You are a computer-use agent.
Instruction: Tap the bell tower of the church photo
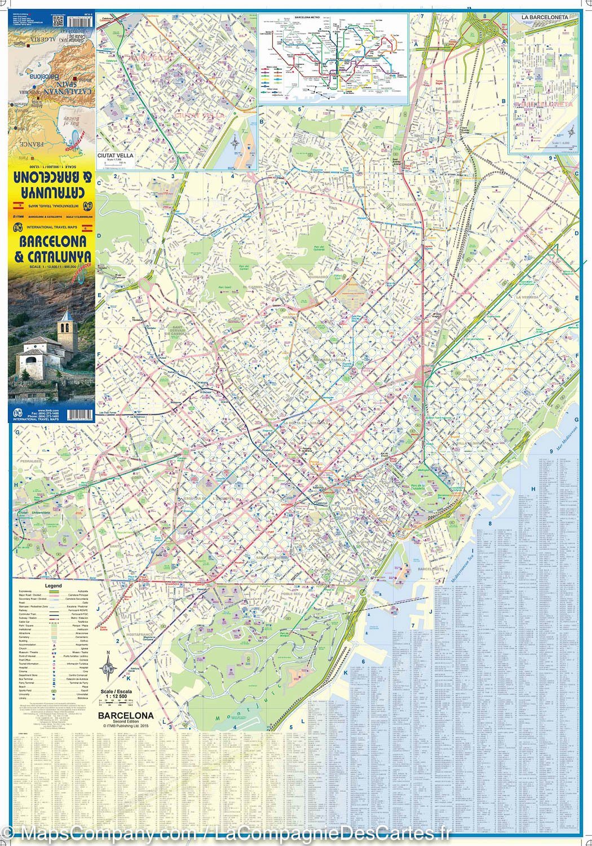click(65, 324)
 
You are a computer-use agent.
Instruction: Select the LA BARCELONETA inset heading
click(544, 17)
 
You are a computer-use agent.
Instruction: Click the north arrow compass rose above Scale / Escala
click(108, 669)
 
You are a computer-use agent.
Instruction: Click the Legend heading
click(53, 586)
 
